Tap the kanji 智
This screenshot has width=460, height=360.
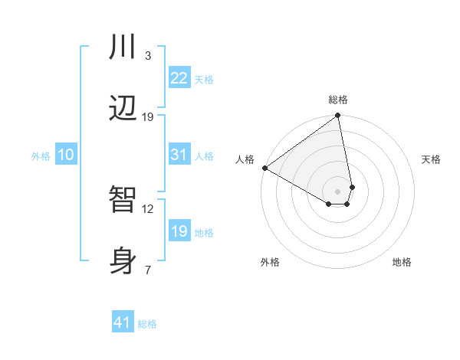(123, 200)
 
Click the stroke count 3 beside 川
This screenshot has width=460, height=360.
(148, 56)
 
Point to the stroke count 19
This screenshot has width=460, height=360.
(148, 117)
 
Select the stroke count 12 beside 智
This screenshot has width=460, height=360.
(148, 208)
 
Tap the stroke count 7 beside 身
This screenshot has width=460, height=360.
(148, 270)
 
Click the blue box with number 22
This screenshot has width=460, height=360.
(179, 78)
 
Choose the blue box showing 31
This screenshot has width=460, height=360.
(179, 155)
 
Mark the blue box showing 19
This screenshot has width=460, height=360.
(179, 231)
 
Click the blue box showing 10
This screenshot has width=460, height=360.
(65, 155)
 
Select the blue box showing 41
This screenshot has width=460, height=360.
(123, 322)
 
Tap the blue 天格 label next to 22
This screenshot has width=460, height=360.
(204, 80)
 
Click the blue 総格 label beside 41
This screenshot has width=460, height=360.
(147, 324)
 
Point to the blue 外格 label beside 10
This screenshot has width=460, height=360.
(41, 156)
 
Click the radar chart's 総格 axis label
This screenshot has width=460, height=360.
(338, 100)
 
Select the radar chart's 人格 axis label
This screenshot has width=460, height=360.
(245, 159)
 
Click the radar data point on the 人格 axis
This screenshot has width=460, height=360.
(264, 168)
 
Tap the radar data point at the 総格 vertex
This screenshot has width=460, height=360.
(337, 116)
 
